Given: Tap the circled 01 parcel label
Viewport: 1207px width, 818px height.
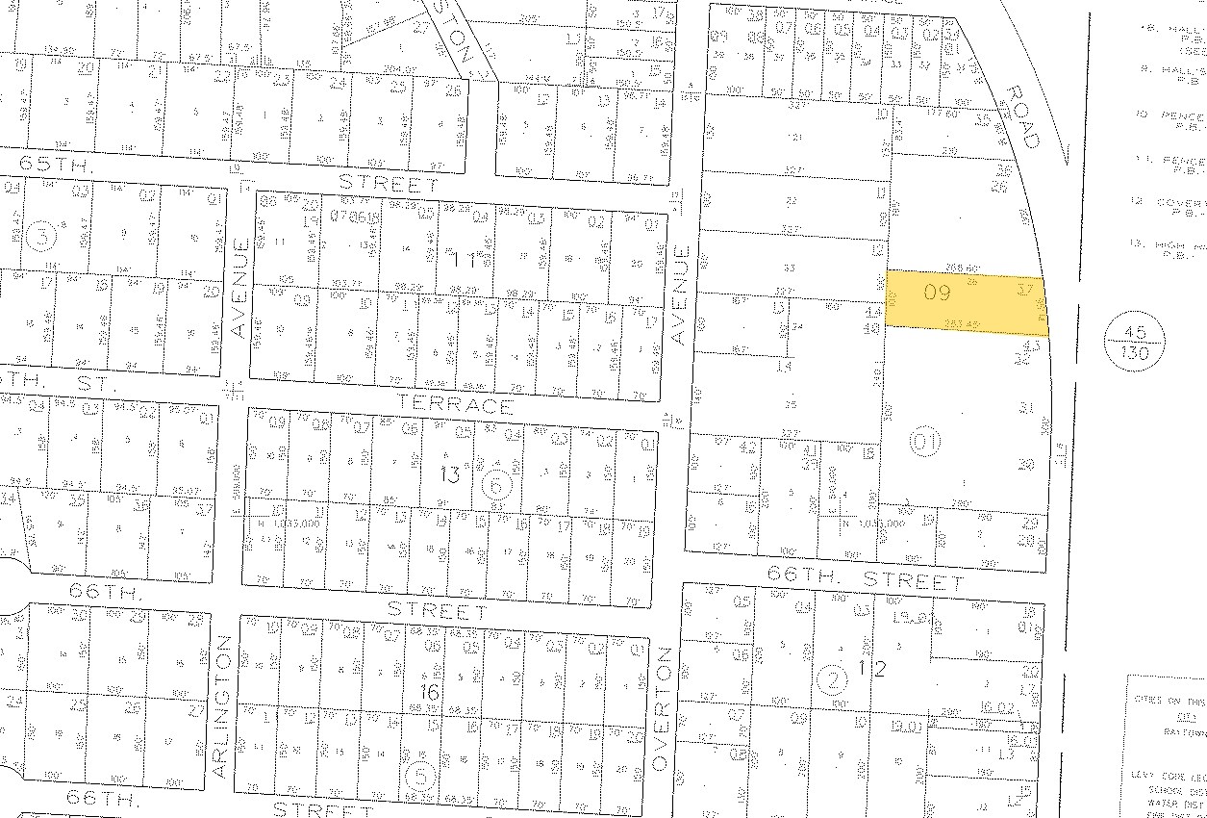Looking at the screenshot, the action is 923,443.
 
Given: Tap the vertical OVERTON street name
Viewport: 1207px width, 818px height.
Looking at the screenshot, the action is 660,707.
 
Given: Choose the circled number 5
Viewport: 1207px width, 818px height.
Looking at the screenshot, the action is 420,776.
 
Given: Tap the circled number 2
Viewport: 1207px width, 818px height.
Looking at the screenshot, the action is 831,680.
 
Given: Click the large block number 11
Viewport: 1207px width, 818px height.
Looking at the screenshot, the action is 464,260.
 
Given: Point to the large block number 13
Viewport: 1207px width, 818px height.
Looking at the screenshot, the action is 450,474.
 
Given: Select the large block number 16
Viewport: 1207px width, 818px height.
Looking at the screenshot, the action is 429,692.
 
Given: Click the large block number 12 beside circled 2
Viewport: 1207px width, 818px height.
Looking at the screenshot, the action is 871,668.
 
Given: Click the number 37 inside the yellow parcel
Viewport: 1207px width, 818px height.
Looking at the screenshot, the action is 1024,287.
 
